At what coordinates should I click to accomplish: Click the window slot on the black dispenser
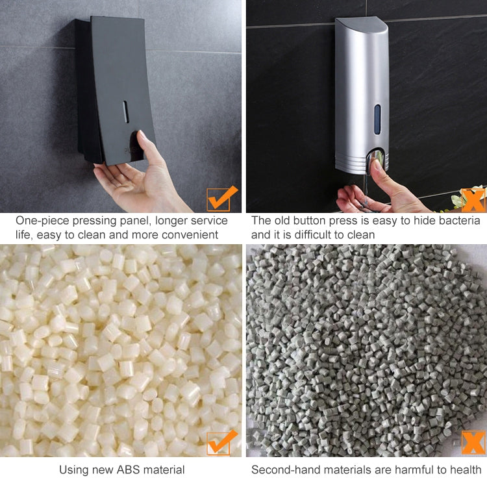pyautogui.click(x=126, y=112)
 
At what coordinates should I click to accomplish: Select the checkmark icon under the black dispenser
pyautogui.click(x=221, y=197)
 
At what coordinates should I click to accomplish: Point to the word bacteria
pyautogui.click(x=460, y=221)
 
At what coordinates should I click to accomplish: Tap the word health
pyautogui.click(x=465, y=469)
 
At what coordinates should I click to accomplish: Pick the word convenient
pyautogui.click(x=192, y=234)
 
